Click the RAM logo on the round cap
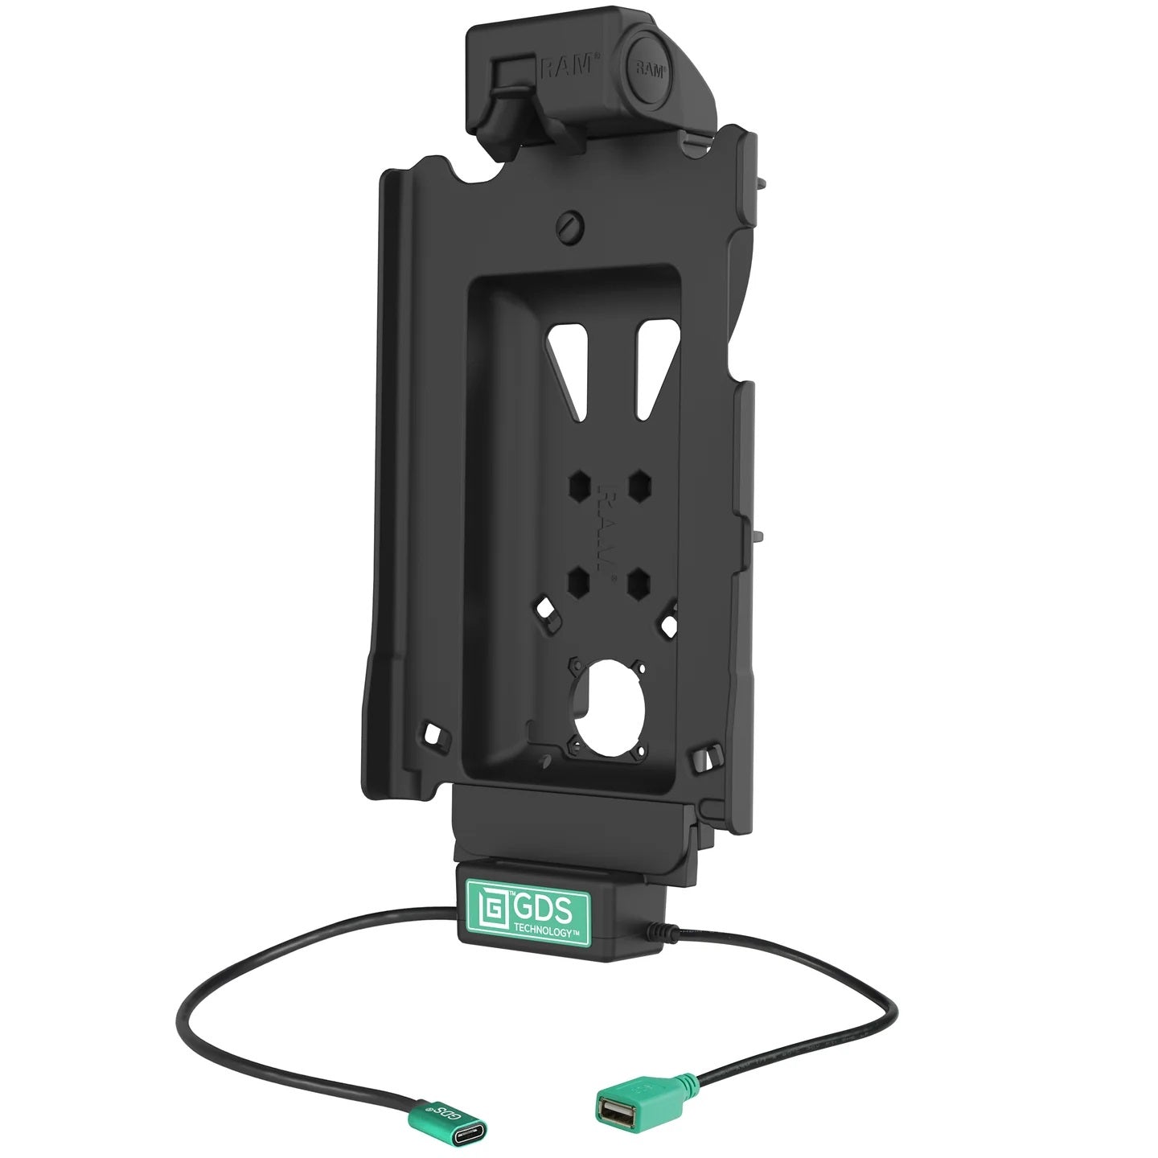coord(649,69)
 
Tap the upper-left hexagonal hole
coord(579,485)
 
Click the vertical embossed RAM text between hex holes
coord(609,532)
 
